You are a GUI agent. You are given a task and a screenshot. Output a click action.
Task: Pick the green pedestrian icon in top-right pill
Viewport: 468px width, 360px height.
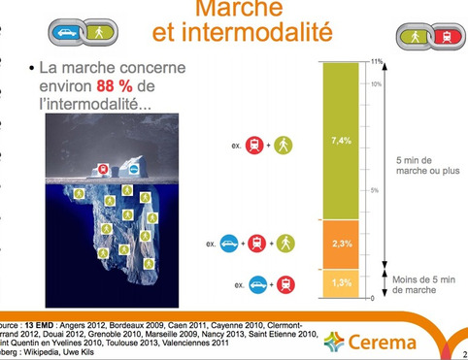tap(418, 36)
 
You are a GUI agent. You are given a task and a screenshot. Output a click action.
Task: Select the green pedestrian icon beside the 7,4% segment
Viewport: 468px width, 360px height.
tap(281, 146)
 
